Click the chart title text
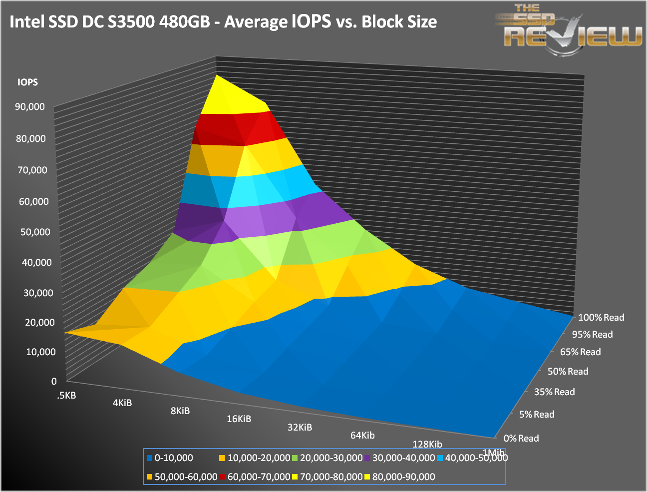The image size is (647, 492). coord(223,22)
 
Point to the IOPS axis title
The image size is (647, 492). coord(27,82)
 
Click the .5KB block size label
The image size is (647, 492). coord(66,396)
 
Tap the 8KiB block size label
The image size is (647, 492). coord(180,411)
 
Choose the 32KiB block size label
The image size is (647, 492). coord(300,427)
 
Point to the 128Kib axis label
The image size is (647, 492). coord(427,444)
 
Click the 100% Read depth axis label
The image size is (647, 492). coord(601,317)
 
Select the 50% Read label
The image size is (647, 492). coord(568,371)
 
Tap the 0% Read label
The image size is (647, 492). coord(521,438)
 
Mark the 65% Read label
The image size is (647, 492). coord(580,352)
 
